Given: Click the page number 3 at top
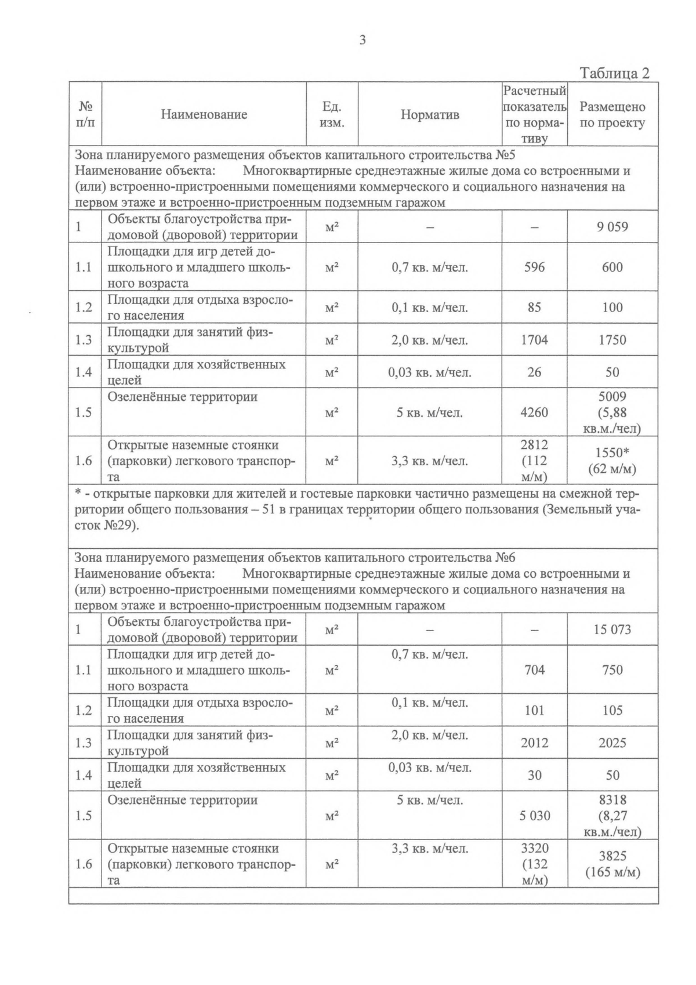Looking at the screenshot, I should [x=362, y=40].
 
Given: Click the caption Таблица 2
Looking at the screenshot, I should [x=614, y=73].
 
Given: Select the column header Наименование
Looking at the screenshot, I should [x=204, y=114].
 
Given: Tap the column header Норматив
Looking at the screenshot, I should [x=429, y=115].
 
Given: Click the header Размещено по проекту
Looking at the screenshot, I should [x=612, y=115].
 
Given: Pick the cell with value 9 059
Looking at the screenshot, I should [x=612, y=227].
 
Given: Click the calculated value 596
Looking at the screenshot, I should [x=534, y=267].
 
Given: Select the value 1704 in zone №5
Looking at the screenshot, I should [x=534, y=340].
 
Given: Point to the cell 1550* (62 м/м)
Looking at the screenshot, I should [x=612, y=461].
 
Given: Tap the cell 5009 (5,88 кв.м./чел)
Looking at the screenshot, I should [x=612, y=412].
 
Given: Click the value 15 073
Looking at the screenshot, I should [x=612, y=629].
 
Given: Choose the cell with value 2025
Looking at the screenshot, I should [x=612, y=743].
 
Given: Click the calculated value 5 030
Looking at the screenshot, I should [x=534, y=816].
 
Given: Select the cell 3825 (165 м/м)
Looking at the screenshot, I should [x=612, y=864].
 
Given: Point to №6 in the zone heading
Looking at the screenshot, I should [x=505, y=558].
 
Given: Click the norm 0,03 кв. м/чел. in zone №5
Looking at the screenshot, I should [x=429, y=372].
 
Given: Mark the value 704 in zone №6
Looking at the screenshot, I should [x=534, y=671].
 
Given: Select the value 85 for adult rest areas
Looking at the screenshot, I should [x=534, y=307].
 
